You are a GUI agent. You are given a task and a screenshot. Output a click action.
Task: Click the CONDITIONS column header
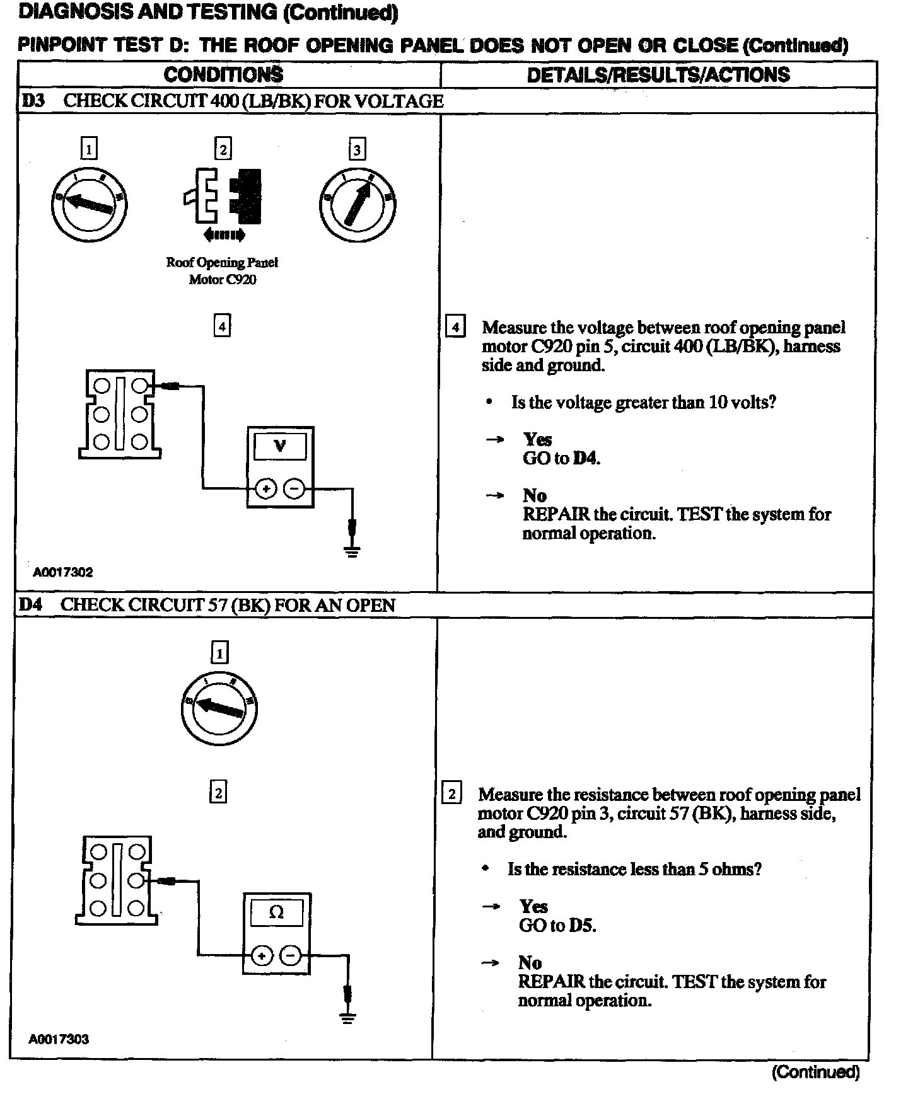click(x=223, y=75)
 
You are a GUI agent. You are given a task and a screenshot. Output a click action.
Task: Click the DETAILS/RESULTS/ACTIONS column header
click(x=658, y=75)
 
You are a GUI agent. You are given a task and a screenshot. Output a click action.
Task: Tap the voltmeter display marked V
click(x=280, y=446)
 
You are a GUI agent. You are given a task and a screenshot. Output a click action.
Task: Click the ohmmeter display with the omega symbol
click(x=277, y=912)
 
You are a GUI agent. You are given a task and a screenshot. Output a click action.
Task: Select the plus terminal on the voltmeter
click(x=266, y=488)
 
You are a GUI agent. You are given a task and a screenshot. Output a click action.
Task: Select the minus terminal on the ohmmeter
click(x=291, y=955)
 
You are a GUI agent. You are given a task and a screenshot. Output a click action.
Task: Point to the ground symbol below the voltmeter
click(x=352, y=552)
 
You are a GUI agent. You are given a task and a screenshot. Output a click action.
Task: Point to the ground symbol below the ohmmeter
click(x=347, y=1018)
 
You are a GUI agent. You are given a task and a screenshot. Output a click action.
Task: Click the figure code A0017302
click(x=63, y=572)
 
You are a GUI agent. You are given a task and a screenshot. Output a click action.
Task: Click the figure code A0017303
click(x=59, y=1039)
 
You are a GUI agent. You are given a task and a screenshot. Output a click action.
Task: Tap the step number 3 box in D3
click(x=357, y=150)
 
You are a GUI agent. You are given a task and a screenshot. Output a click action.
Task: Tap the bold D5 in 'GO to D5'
click(x=582, y=925)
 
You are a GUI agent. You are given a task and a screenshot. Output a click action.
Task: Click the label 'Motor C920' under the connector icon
click(x=223, y=280)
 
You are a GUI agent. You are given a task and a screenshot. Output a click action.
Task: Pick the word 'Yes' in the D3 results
click(x=537, y=439)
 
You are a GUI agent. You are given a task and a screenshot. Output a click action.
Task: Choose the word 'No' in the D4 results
click(x=530, y=963)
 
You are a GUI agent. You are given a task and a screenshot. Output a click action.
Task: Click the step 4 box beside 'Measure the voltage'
click(x=455, y=328)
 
